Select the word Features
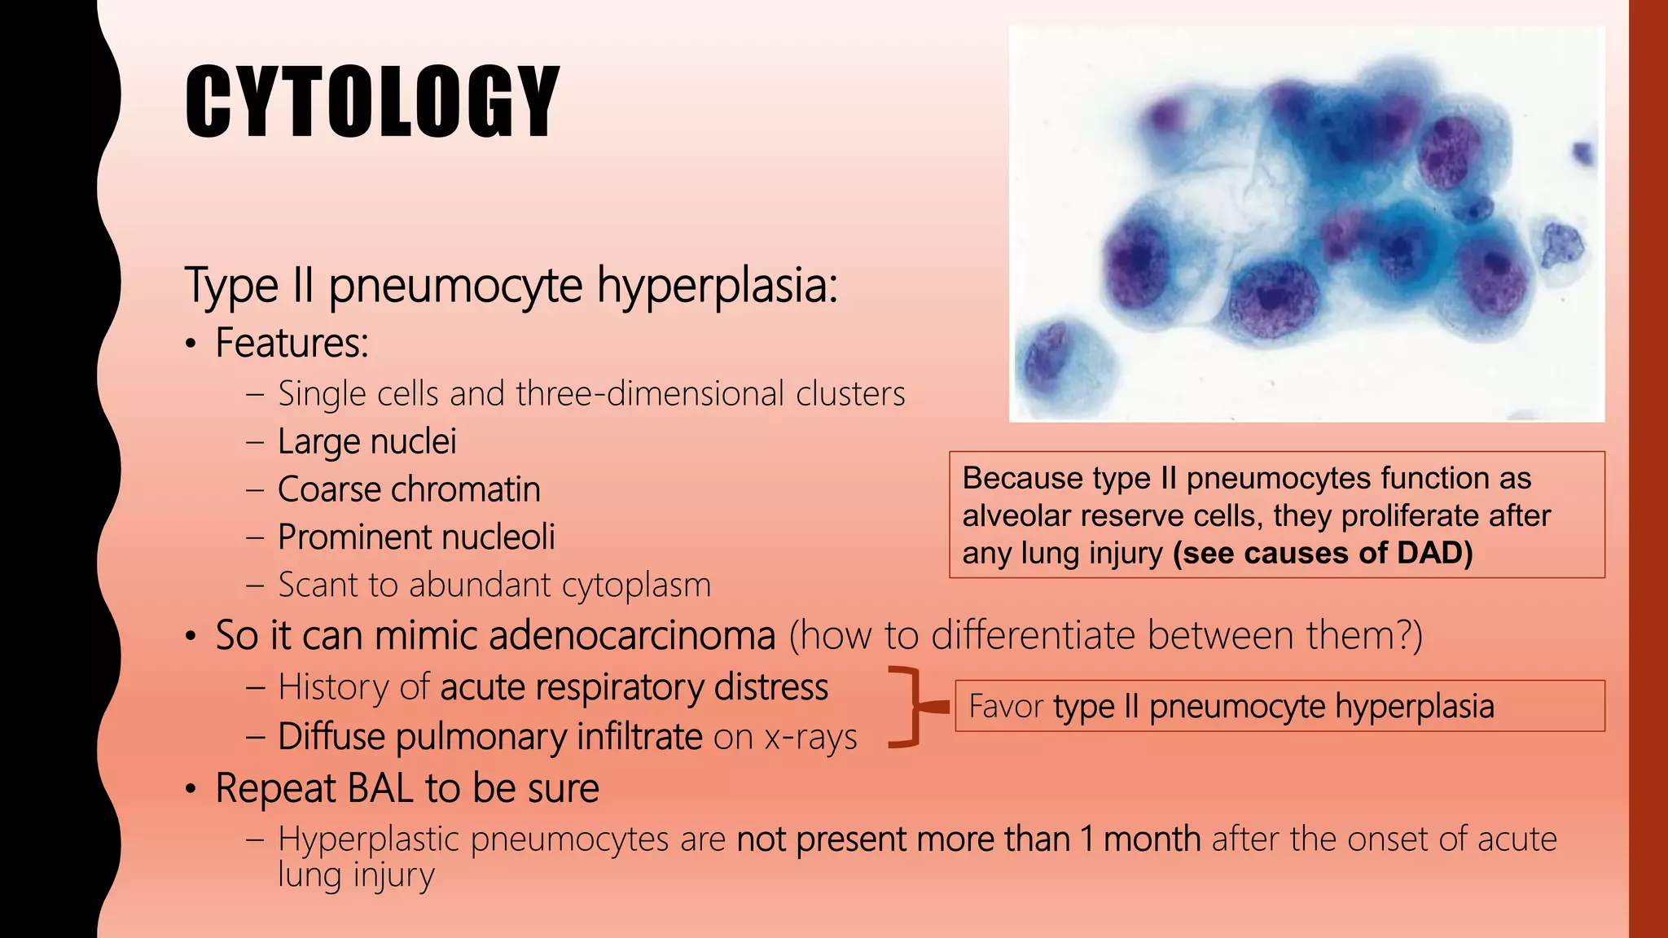tap(291, 343)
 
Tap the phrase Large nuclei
tap(367, 441)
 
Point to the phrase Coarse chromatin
tap(409, 489)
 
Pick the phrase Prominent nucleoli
tap(416, 537)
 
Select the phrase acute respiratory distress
tap(634, 687)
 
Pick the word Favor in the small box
tap(1004, 706)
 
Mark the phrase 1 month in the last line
tap(1140, 839)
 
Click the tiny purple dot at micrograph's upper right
tap(1582, 152)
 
